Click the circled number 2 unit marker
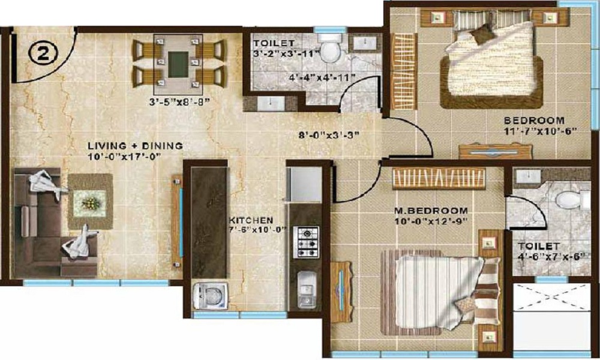[43, 54]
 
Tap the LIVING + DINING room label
[135, 146]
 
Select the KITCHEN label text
[251, 220]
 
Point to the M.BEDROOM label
[431, 211]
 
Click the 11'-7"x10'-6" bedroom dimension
[540, 130]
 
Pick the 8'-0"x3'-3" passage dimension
[329, 135]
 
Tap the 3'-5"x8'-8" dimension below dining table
[179, 102]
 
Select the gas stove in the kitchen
[306, 242]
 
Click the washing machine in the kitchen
[210, 296]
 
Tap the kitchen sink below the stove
[307, 289]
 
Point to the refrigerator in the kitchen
[304, 184]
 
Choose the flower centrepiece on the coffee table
[89, 202]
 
